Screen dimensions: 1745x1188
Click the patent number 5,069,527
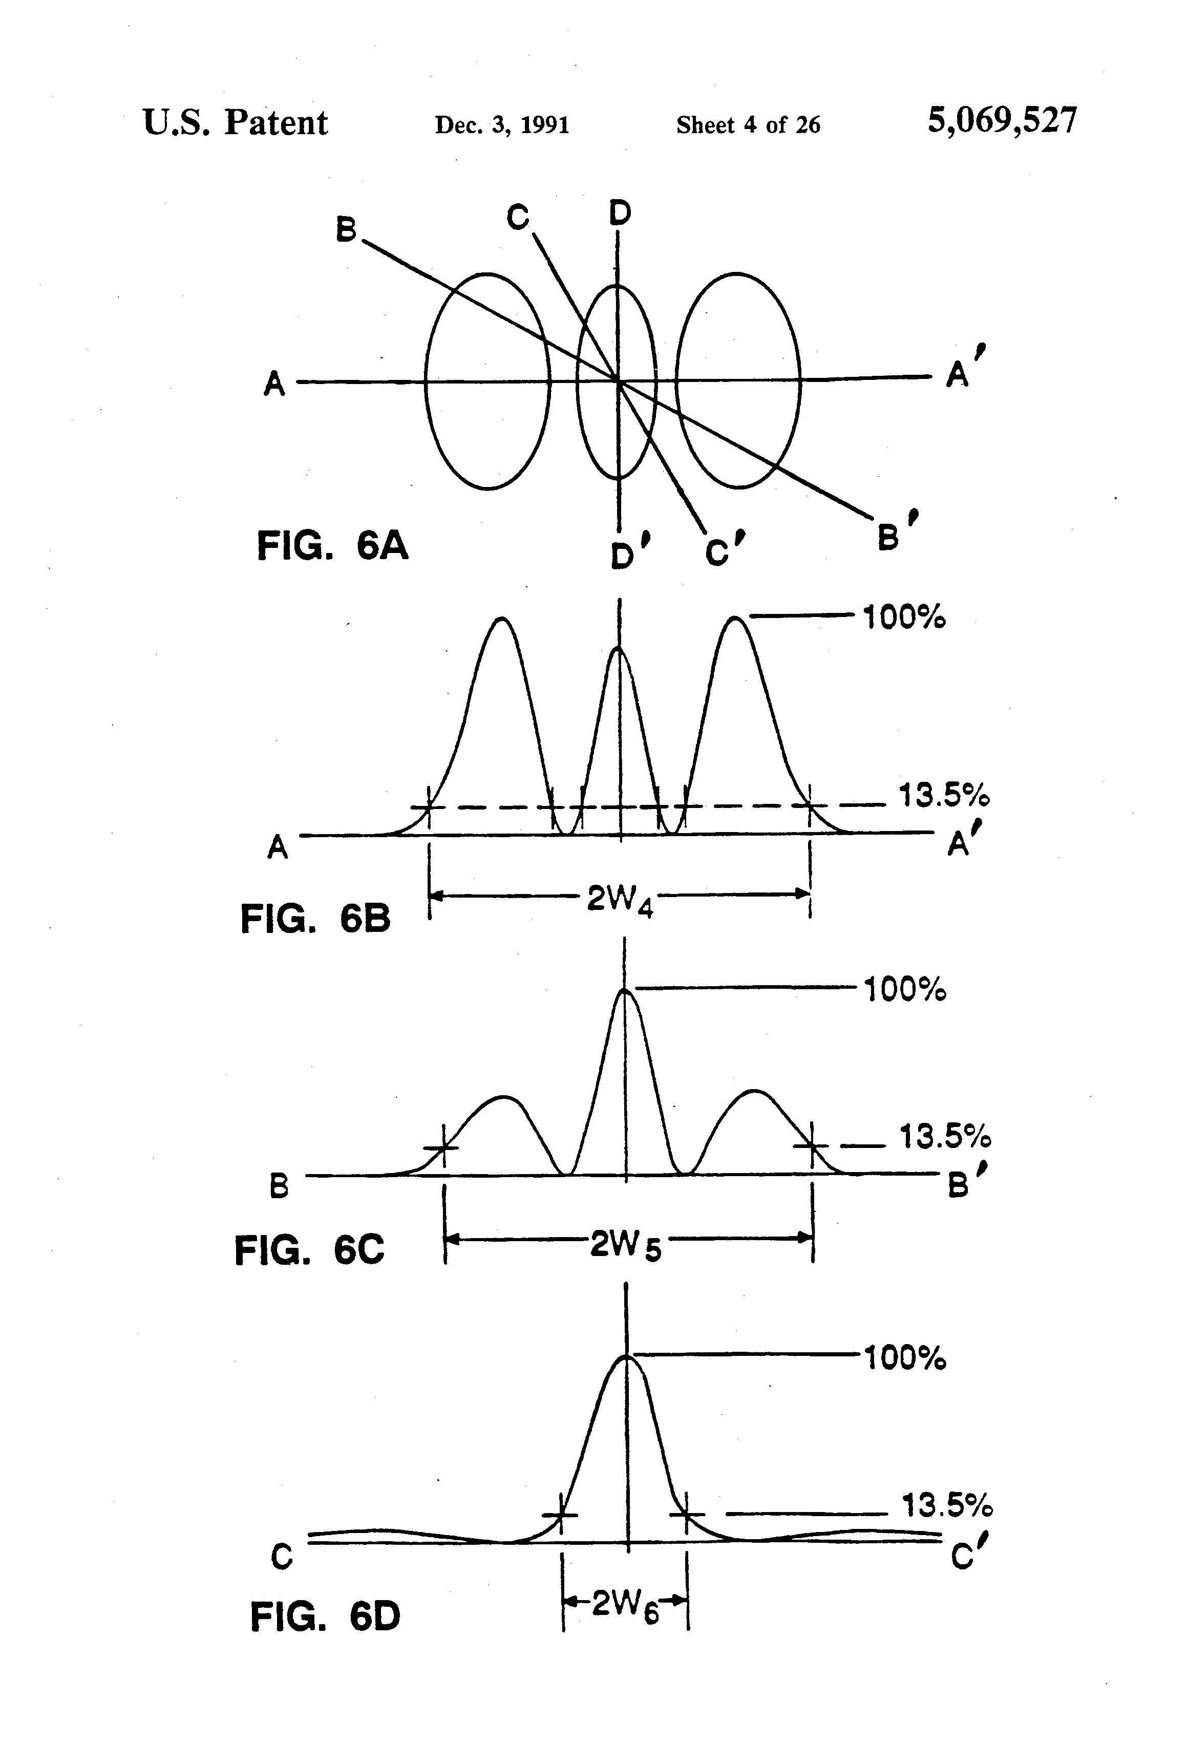tap(1002, 120)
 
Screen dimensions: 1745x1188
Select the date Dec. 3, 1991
tap(502, 124)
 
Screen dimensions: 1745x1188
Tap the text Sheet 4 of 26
tap(748, 124)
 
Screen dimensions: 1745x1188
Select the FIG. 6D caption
tap(325, 1616)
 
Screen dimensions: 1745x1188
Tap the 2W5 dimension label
tap(625, 1246)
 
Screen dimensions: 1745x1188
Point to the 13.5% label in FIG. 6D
tap(946, 1505)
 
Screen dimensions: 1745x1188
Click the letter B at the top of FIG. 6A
tap(346, 230)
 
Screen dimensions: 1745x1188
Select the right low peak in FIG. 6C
tap(754, 1091)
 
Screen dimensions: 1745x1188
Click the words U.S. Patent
tap(235, 122)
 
